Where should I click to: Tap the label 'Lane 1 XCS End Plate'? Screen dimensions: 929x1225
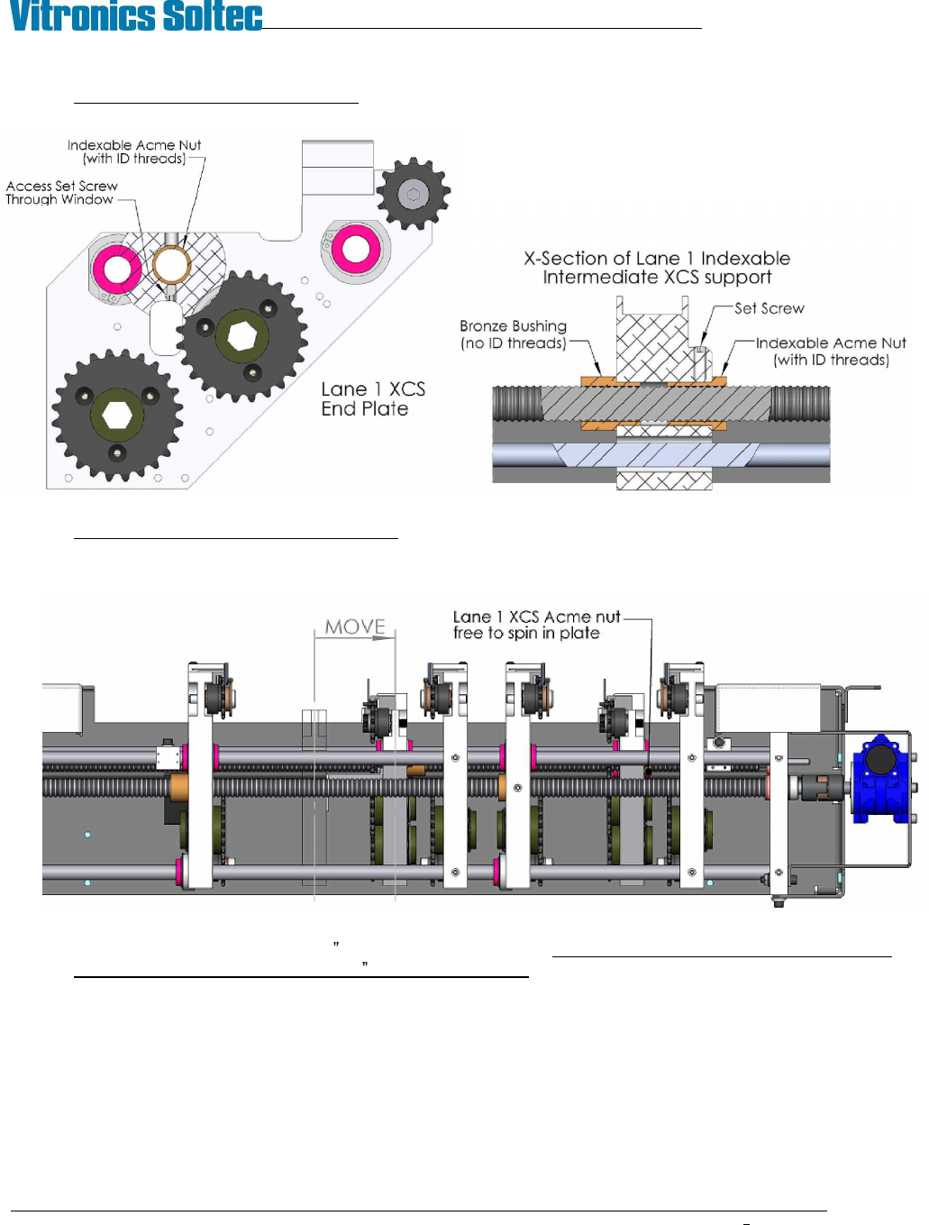click(372, 398)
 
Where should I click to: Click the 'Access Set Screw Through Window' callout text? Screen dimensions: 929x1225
click(61, 193)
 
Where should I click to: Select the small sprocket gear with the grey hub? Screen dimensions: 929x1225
click(414, 194)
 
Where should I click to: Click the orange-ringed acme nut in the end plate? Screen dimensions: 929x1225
click(171, 265)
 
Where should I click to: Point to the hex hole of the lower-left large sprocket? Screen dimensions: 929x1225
click(117, 416)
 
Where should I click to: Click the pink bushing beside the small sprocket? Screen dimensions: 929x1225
click(356, 250)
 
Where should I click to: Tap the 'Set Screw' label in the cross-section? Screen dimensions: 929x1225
click(769, 308)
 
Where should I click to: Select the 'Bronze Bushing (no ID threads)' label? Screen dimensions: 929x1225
click(513, 334)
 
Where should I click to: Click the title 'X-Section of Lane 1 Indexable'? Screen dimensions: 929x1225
click(657, 259)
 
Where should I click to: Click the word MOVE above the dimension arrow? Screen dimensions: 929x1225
click(355, 626)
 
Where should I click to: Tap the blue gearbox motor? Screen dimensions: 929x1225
click(881, 779)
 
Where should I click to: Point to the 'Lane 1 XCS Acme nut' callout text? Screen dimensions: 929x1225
click(536, 617)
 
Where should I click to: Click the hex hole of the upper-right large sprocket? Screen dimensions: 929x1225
click(242, 336)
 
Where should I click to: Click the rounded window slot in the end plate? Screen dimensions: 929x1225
click(166, 327)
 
